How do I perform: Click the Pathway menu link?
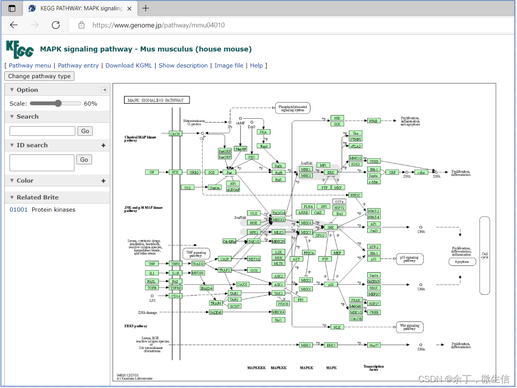pyautogui.click(x=30, y=65)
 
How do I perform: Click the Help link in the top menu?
pyautogui.click(x=257, y=65)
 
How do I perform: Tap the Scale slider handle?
pyautogui.click(x=58, y=103)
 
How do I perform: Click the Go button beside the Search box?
pyautogui.click(x=85, y=131)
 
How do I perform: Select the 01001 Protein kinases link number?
pyautogui.click(x=19, y=210)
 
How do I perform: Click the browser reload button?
pyautogui.click(x=56, y=25)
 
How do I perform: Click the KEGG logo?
pyautogui.click(x=20, y=49)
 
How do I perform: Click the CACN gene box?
pyautogui.click(x=176, y=134)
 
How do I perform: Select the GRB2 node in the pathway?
pyautogui.click(x=193, y=172)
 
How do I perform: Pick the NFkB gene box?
pyautogui.click(x=374, y=121)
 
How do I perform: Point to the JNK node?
pyautogui.click(x=331, y=227)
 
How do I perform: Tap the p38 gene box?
pyautogui.click(x=330, y=285)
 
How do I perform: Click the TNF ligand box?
pyautogui.click(x=152, y=264)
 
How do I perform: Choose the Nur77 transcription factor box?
pyautogui.click(x=374, y=345)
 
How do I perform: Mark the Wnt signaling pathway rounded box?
pyautogui.click(x=410, y=327)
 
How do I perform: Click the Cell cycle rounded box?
pyautogui.click(x=485, y=255)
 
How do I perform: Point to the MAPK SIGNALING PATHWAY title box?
pyautogui.click(x=157, y=100)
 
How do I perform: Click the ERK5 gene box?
pyautogui.click(x=331, y=345)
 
